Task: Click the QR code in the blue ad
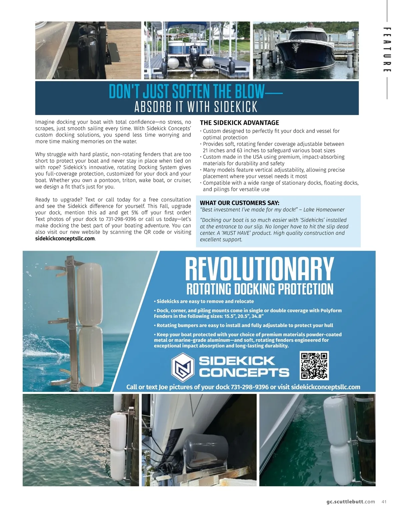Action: [x=315, y=365]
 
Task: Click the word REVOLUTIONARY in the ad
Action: [x=259, y=269]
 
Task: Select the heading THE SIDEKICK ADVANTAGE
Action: [x=239, y=123]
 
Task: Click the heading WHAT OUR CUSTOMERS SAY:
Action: [x=239, y=203]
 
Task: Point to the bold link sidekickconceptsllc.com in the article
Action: [x=65, y=238]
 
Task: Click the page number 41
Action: [x=384, y=502]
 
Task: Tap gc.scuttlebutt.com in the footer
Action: [x=351, y=502]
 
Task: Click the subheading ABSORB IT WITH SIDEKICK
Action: [x=196, y=107]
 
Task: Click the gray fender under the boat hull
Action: [x=204, y=449]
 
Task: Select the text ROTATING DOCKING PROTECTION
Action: [x=260, y=289]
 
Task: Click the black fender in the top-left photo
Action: [x=87, y=47]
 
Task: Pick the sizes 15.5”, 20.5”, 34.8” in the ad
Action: [x=243, y=316]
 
